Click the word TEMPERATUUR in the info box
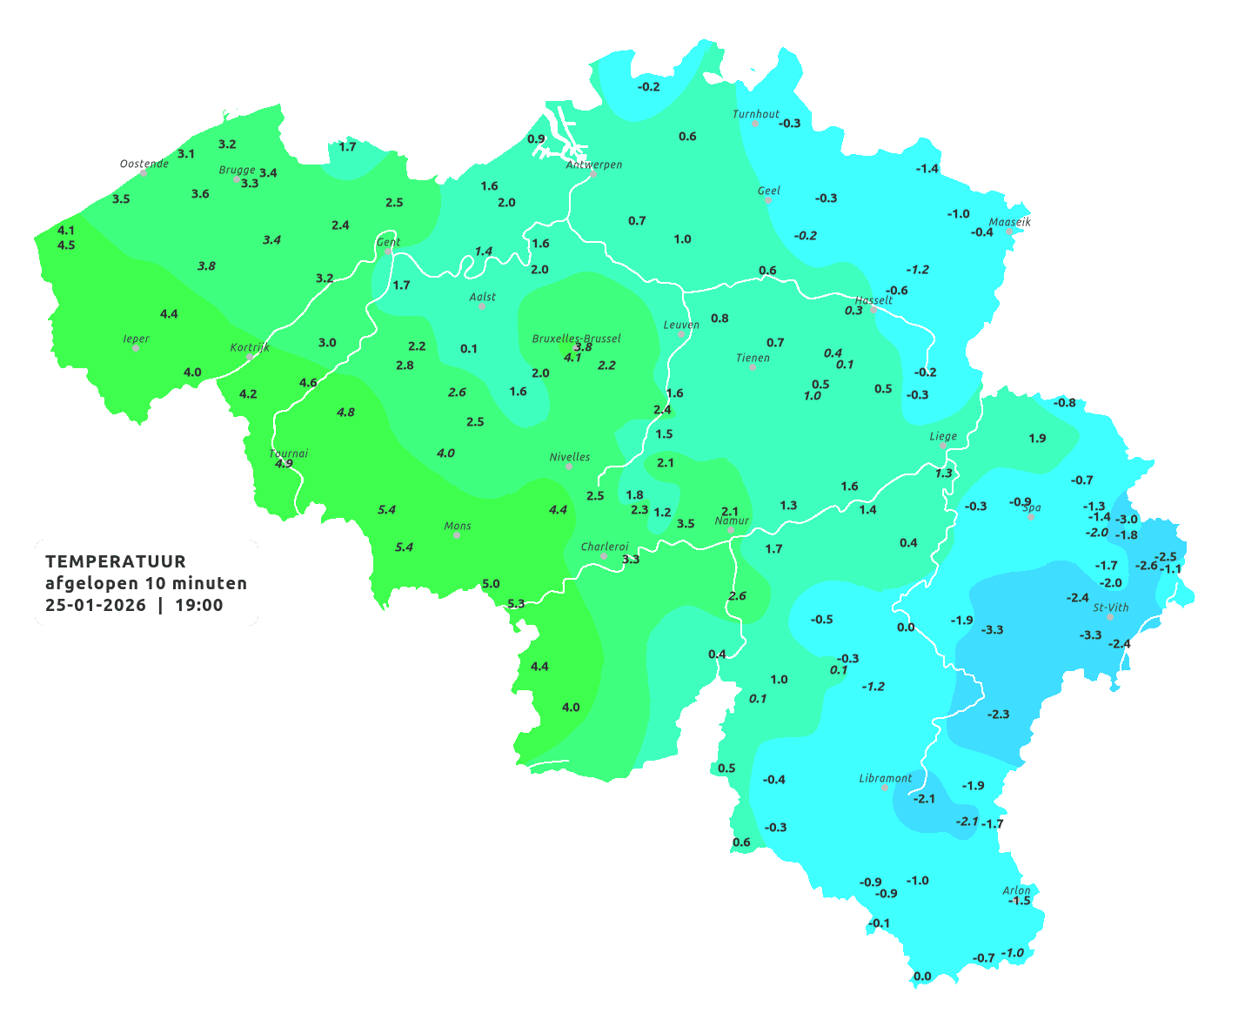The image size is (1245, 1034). coord(116,561)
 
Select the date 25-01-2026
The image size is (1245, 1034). coord(96,605)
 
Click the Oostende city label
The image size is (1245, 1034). coord(144,164)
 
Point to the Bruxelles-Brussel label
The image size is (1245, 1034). coord(576,338)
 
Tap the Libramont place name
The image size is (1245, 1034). coord(885,778)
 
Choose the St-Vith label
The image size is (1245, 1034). coord(1111,608)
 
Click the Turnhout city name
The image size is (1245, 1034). coord(755,114)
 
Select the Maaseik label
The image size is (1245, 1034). coord(1009,222)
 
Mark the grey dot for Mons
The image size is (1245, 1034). coord(457,535)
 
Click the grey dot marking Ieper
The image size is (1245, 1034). coord(136,348)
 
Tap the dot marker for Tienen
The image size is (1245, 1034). coord(753,367)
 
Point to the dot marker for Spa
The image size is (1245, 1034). coord(1031,516)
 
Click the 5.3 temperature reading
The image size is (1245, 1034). coord(516,603)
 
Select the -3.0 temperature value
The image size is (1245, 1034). coord(1127,519)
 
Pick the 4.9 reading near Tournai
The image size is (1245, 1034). coord(284,464)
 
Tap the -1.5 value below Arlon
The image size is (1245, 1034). coord(1019,901)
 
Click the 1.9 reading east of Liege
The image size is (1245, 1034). coord(1037,439)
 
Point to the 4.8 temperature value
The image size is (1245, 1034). coord(345,412)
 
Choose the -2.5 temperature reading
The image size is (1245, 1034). coord(1166,557)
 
